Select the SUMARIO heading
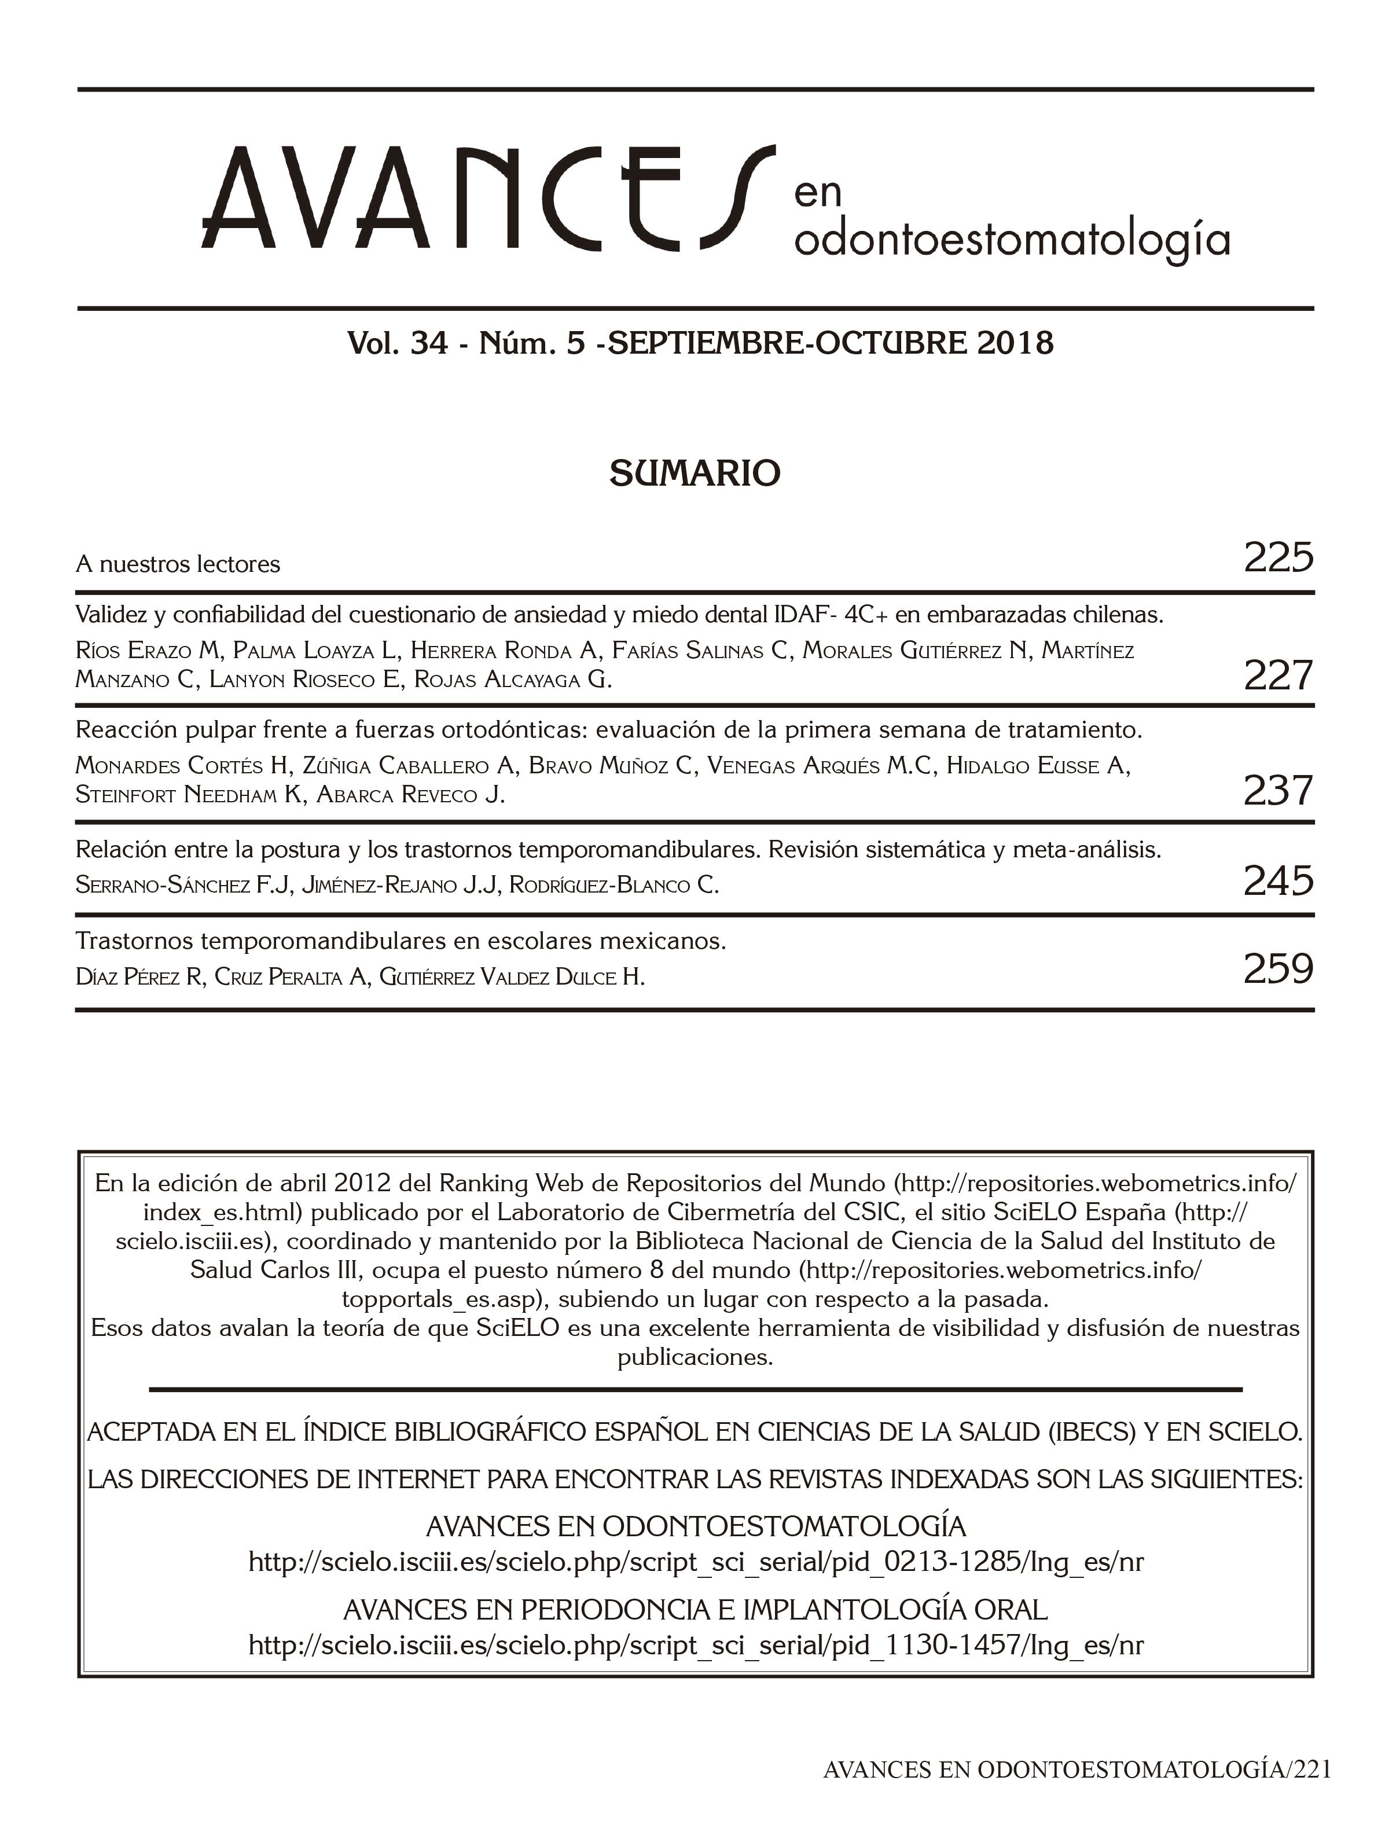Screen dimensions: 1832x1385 click(694, 473)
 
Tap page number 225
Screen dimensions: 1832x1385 click(1278, 557)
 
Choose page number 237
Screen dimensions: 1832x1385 click(1278, 791)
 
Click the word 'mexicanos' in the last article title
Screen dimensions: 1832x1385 click(661, 942)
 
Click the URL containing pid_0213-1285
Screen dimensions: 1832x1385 click(695, 1562)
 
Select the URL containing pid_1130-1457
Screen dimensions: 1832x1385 click(695, 1645)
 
